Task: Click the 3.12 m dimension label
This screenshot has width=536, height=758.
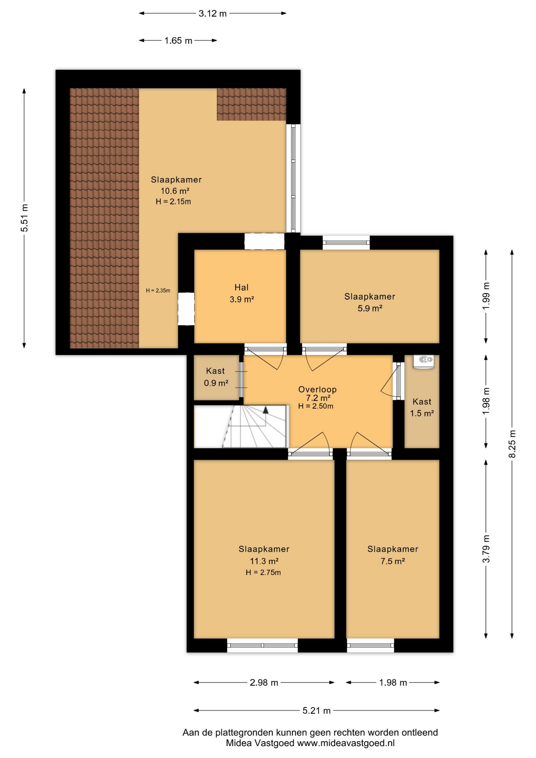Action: point(212,13)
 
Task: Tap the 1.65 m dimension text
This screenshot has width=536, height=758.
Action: point(178,40)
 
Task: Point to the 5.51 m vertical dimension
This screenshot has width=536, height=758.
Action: point(24,218)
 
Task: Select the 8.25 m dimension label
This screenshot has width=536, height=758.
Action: point(512,443)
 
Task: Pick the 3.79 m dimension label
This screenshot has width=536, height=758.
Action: point(486,549)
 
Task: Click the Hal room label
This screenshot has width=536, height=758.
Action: point(242,287)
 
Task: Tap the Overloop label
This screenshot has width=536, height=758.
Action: point(317,390)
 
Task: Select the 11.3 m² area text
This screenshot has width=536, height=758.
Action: point(264,561)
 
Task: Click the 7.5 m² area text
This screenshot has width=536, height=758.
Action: point(393,561)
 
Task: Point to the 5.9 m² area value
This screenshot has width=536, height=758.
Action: point(370,308)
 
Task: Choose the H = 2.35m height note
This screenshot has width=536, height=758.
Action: point(158,291)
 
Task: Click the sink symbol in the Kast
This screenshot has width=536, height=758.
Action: point(424,361)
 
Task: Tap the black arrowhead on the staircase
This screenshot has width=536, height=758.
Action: point(266,410)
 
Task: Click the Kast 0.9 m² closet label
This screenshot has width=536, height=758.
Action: point(216,377)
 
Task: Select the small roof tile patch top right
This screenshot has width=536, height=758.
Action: point(251,104)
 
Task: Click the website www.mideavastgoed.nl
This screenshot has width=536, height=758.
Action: point(346,743)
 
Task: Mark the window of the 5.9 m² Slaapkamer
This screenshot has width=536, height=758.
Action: point(346,242)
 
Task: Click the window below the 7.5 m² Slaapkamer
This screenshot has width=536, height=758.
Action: point(371,645)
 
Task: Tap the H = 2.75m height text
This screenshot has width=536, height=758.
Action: point(263,572)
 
